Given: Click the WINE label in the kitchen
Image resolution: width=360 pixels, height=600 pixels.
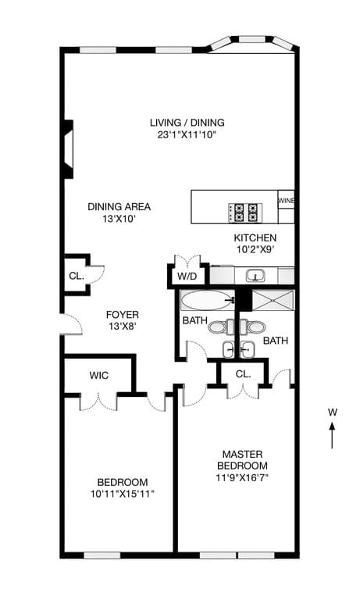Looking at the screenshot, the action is pyautogui.click(x=286, y=200).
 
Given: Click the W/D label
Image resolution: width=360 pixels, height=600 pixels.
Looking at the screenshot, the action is pyautogui.click(x=187, y=276).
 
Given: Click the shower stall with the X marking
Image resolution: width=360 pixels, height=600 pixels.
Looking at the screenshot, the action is pyautogui.click(x=273, y=300).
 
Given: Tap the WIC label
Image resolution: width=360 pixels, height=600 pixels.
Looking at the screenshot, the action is pyautogui.click(x=98, y=375).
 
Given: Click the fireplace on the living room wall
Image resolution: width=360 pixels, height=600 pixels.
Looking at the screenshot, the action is pyautogui.click(x=68, y=149).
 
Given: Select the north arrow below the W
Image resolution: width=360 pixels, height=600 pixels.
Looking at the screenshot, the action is pyautogui.click(x=332, y=435).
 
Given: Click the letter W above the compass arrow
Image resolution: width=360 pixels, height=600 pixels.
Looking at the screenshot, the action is pyautogui.click(x=332, y=412).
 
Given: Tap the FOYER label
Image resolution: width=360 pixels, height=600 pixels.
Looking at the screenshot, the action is pyautogui.click(x=123, y=315).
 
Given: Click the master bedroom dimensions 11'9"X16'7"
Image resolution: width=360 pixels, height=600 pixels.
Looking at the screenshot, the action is pyautogui.click(x=242, y=478).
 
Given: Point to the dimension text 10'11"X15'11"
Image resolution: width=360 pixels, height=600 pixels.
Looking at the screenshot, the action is pyautogui.click(x=123, y=494).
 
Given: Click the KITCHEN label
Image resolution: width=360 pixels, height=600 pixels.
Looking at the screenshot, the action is pyautogui.click(x=255, y=238).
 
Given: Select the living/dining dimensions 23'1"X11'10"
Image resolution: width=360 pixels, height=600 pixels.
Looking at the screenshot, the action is pyautogui.click(x=187, y=134).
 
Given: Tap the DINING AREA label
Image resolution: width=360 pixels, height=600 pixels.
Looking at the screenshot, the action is pyautogui.click(x=119, y=207).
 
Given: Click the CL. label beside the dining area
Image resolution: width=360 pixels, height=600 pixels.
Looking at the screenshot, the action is pyautogui.click(x=77, y=276).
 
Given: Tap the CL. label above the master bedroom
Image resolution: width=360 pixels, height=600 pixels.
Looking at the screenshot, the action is pyautogui.click(x=243, y=374).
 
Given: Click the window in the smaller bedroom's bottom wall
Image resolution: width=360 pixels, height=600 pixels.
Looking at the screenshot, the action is pyautogui.click(x=102, y=555).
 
